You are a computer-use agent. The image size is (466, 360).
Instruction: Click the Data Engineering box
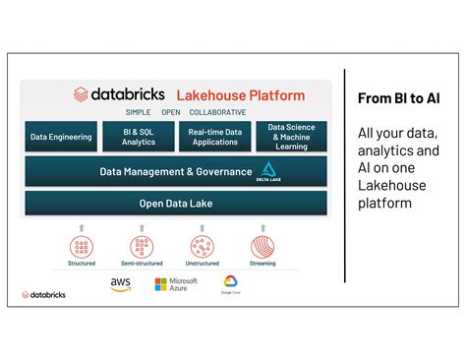(x=61, y=137)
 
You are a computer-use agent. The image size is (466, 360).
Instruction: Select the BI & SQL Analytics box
(x=138, y=137)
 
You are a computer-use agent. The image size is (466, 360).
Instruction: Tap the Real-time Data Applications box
(x=214, y=137)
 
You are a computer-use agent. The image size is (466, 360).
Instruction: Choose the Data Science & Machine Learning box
(x=291, y=137)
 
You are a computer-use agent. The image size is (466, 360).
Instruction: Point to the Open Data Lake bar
(x=176, y=204)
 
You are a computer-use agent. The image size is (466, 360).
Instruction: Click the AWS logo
(x=121, y=285)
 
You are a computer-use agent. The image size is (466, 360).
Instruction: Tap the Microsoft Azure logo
(x=176, y=285)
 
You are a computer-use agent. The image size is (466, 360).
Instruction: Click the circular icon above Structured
(x=82, y=247)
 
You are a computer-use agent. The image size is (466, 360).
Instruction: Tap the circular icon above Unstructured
(x=203, y=247)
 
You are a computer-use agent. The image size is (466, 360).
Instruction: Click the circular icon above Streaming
(x=262, y=247)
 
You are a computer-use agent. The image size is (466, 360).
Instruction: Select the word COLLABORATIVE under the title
(x=218, y=112)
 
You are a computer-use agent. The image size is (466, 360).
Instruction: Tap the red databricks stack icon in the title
(x=81, y=95)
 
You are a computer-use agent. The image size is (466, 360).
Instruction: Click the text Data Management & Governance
(x=176, y=172)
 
